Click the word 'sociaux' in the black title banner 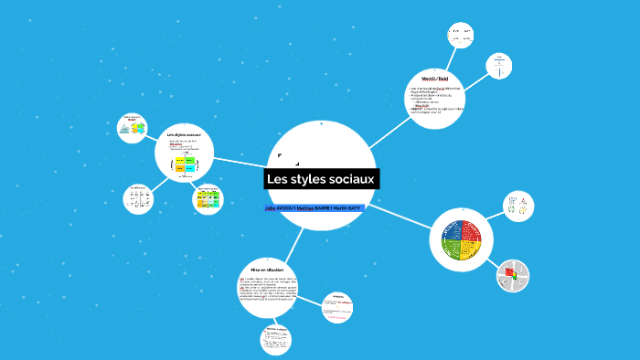coord(349,179)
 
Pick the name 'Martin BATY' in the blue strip coord(347,209)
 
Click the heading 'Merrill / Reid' coord(435,79)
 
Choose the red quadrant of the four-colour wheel coord(473,231)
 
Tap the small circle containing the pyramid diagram coord(133,128)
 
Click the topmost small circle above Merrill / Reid coord(459,35)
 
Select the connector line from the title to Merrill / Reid coord(390,125)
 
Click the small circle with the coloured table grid coord(208,198)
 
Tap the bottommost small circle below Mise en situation coord(276,340)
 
